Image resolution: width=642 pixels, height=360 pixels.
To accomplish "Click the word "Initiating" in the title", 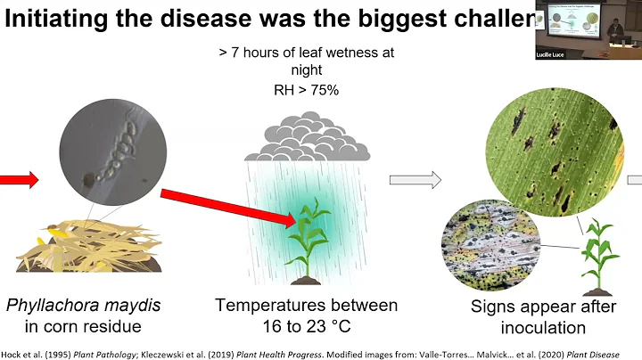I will click(x=62, y=21).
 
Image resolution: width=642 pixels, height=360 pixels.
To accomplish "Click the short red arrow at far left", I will click(x=20, y=181).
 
